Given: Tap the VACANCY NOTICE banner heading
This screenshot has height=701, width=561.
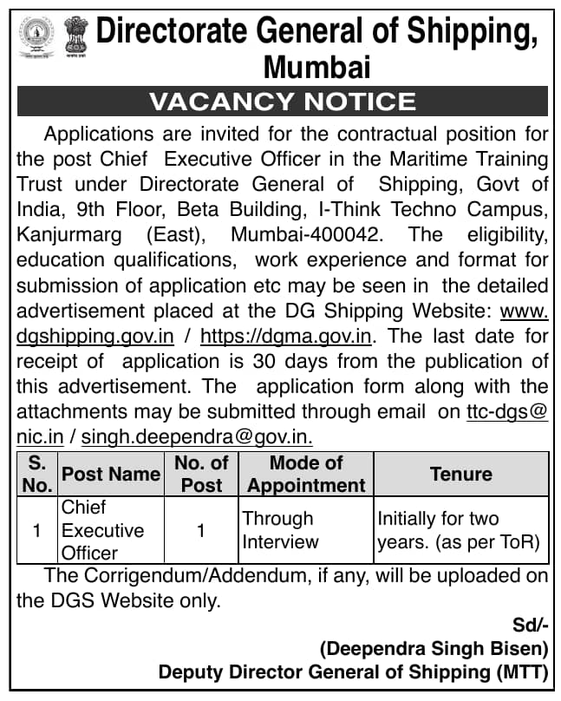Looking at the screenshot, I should tap(282, 102).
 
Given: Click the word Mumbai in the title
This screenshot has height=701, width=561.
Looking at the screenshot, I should tap(317, 67).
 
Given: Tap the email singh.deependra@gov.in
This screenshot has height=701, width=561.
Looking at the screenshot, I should tap(197, 436).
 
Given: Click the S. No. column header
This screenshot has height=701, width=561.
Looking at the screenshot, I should tap(37, 474).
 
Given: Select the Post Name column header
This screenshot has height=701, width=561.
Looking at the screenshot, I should tap(110, 474).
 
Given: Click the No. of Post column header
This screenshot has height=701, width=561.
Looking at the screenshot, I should tap(201, 474).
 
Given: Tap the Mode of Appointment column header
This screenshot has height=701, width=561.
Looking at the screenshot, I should tap(306, 474).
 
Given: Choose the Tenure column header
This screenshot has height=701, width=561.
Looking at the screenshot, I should tap(460, 474).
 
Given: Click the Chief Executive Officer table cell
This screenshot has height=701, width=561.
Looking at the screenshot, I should tap(101, 529).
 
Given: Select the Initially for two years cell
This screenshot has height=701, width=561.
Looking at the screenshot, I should tap(459, 529).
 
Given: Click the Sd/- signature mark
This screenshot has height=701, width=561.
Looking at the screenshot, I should tap(529, 624).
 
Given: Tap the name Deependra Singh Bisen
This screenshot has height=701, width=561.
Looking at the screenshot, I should tap(434, 647).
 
